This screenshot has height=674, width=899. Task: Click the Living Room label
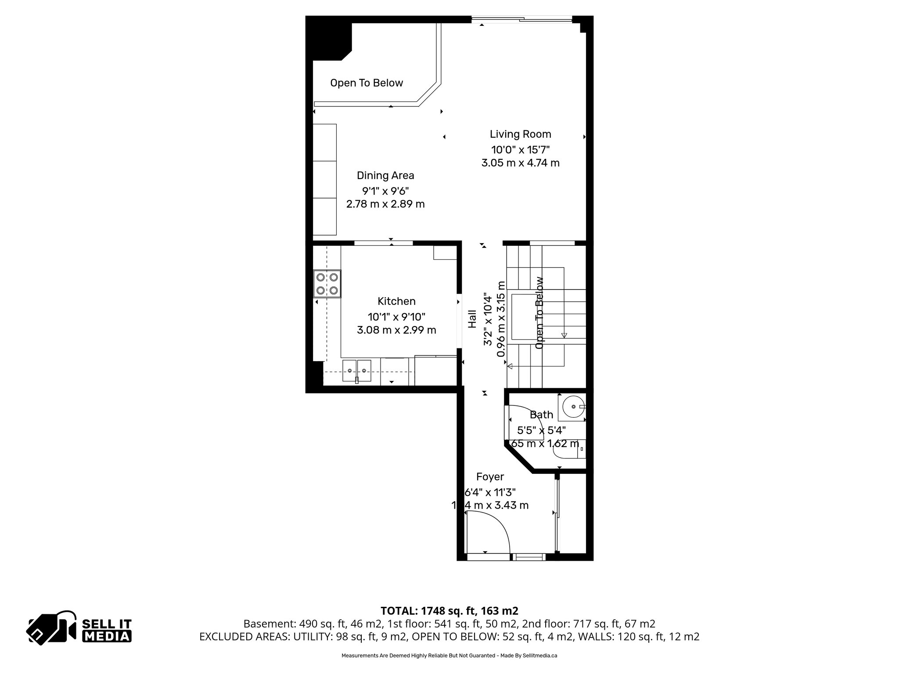[x=520, y=134]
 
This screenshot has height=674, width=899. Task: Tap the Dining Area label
[x=385, y=176]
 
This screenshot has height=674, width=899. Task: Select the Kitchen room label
[x=396, y=301]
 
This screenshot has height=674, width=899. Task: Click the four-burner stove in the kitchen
[x=327, y=283]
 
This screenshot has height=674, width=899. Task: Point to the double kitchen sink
[x=356, y=371]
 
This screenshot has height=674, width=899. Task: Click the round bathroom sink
[x=573, y=407]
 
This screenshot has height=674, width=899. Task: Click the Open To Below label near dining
[x=367, y=83]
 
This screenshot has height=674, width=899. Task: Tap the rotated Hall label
[x=472, y=319]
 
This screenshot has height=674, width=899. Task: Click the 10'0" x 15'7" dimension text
[x=520, y=149]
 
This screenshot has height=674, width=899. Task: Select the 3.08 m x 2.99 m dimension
[x=396, y=330]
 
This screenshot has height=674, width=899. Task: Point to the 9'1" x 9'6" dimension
[x=385, y=191]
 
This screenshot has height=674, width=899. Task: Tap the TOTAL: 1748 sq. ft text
[x=449, y=611]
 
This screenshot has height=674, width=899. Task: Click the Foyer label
[x=490, y=477]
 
